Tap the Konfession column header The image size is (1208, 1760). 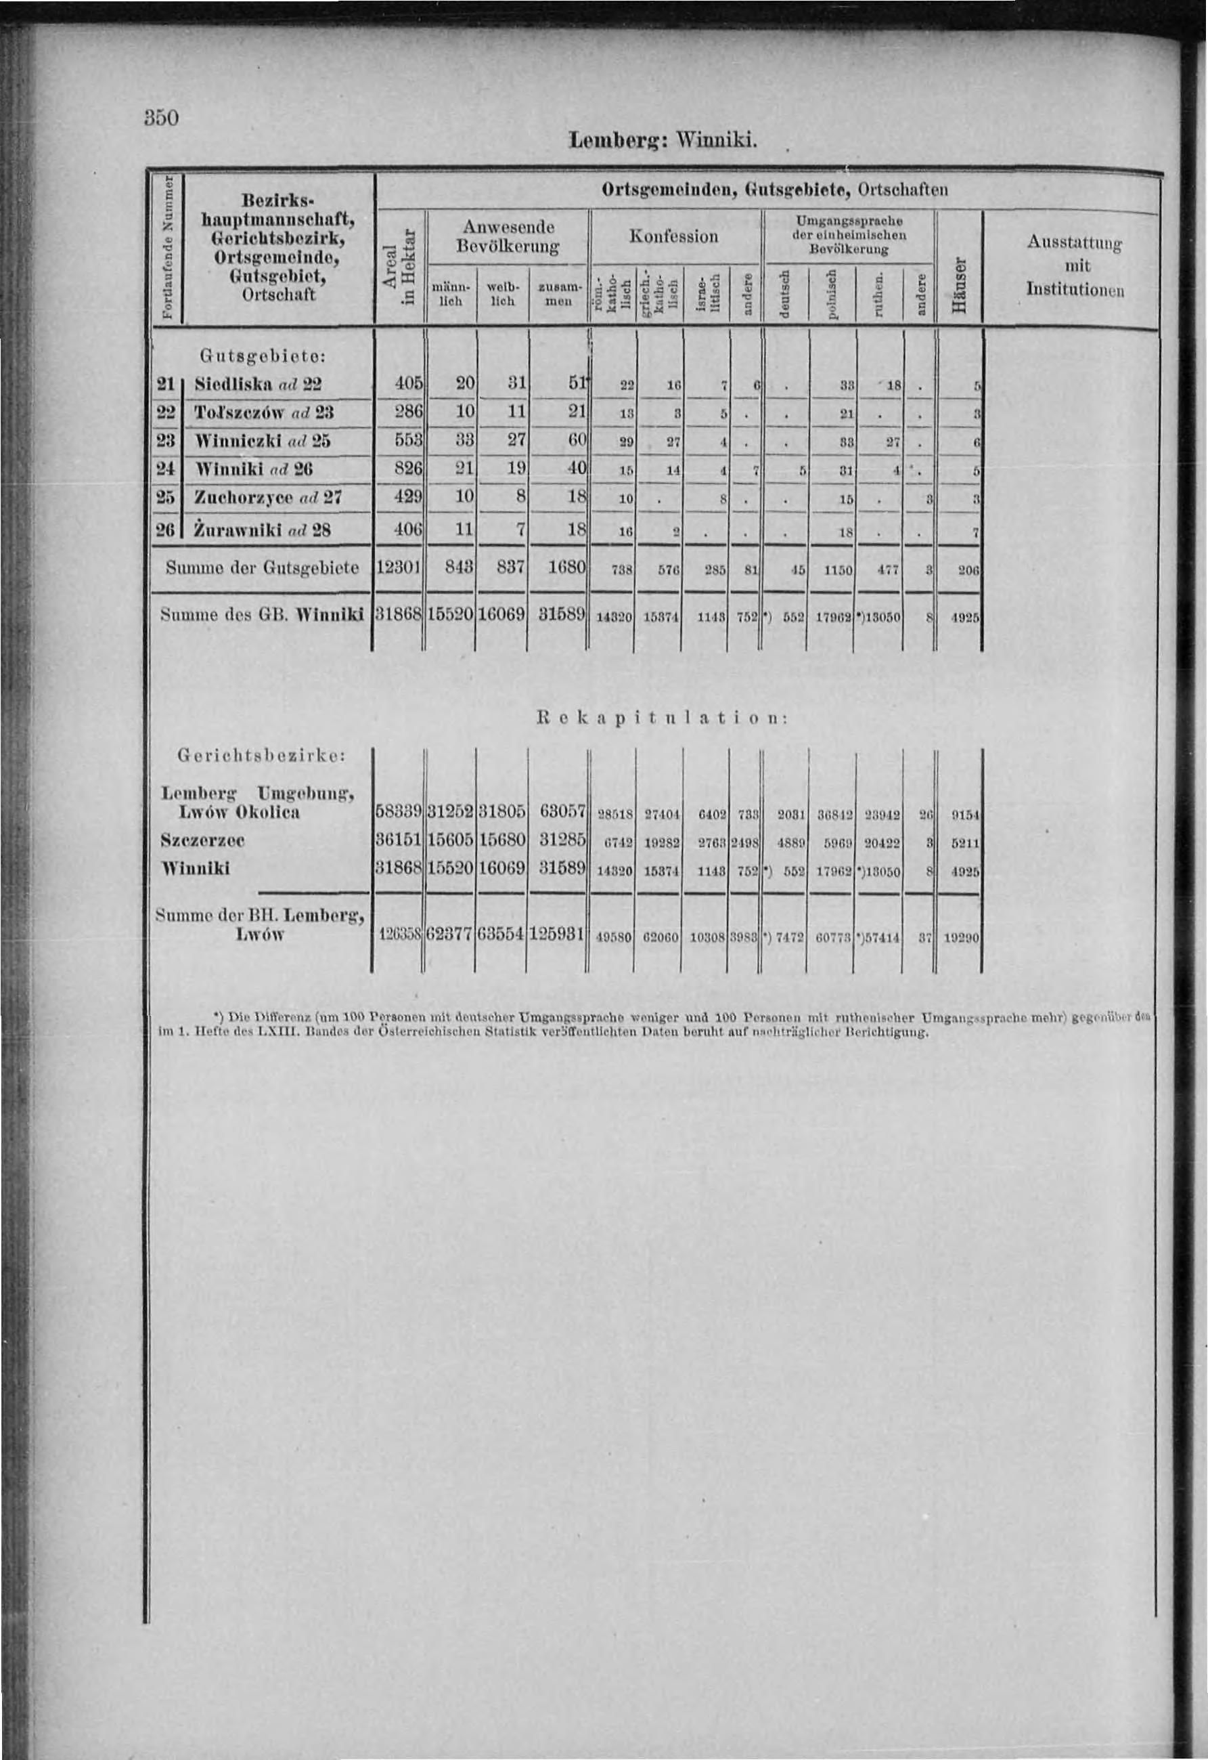point(675,236)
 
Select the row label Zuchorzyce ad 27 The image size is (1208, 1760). point(268,498)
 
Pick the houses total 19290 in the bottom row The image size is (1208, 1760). point(964,937)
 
